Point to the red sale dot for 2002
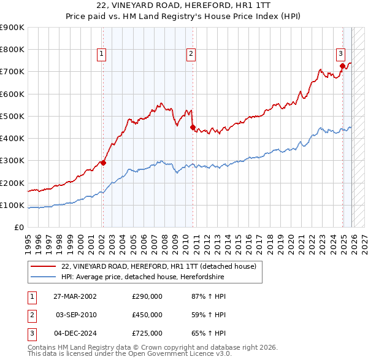103,163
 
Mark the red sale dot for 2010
193,128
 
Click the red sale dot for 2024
342,66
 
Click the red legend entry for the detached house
162,266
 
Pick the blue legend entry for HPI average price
143,277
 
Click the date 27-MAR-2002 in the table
75,297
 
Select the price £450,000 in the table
147,315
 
